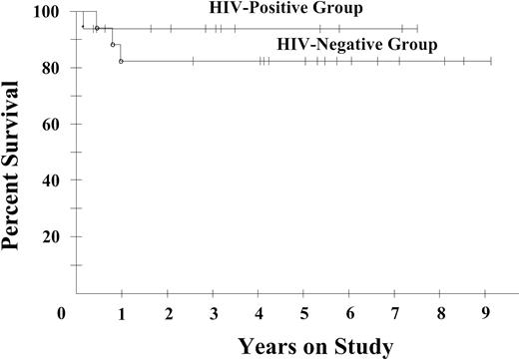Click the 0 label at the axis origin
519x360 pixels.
[62, 313]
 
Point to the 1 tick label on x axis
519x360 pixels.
[122, 313]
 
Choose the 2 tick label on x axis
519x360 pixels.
[169, 313]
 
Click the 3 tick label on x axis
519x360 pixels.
[214, 313]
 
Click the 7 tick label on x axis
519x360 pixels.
[395, 313]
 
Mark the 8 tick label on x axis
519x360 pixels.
[441, 313]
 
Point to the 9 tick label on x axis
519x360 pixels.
[486, 313]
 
